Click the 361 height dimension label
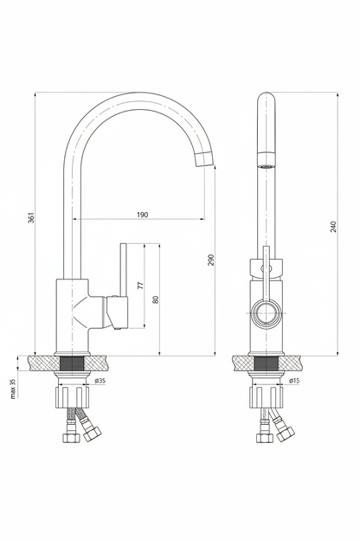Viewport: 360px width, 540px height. (x=30, y=218)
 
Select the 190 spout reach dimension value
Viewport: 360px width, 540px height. (x=142, y=215)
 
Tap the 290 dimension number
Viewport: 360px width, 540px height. (x=211, y=260)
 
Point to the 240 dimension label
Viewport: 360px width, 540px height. (x=333, y=226)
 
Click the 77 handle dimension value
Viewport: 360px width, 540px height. (x=140, y=286)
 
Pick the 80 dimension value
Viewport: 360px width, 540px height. (x=156, y=299)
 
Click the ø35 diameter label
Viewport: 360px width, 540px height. (x=100, y=381)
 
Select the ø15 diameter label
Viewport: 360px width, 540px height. (x=294, y=381)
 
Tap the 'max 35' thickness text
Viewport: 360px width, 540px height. (x=14, y=389)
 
